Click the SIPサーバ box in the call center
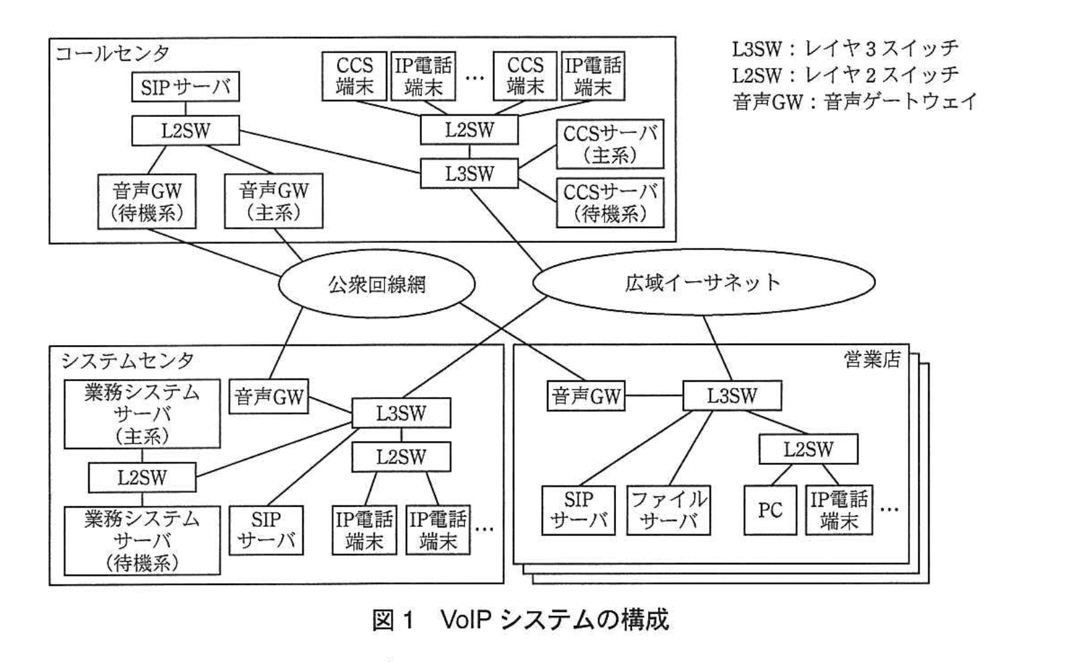point(185,87)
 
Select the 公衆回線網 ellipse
point(377,284)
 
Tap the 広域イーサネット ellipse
point(703,282)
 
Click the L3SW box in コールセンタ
point(469,174)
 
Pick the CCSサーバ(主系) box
point(609,144)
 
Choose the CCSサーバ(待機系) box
point(609,203)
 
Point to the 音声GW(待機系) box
point(146,201)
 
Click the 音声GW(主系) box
point(274,201)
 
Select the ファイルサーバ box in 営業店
point(668,510)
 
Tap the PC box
point(770,510)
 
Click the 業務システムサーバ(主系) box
point(142,414)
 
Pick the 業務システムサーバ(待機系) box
point(142,540)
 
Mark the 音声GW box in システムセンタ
point(268,397)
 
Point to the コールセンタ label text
point(112,53)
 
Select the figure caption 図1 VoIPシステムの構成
point(520,620)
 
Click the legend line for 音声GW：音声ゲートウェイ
point(854,102)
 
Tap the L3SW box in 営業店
point(732,396)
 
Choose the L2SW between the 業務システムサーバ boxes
point(142,477)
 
